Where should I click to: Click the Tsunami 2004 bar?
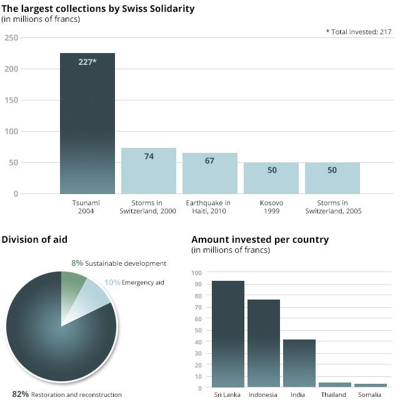pos(87,125)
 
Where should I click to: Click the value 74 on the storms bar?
pos(149,157)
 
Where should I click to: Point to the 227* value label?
pos(87,62)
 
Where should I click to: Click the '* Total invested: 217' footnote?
pos(359,32)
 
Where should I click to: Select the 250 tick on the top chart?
pos(11,38)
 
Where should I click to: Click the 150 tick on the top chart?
pos(11,100)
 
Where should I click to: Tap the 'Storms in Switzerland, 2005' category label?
pos(332,207)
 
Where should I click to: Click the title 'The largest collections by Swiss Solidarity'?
pos(98,9)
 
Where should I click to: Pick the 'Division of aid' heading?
pos(34,240)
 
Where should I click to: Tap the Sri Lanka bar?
pos(228,334)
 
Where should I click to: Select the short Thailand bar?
pos(335,385)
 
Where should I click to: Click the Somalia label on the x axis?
pos(370,395)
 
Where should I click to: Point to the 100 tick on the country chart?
pos(197,273)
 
